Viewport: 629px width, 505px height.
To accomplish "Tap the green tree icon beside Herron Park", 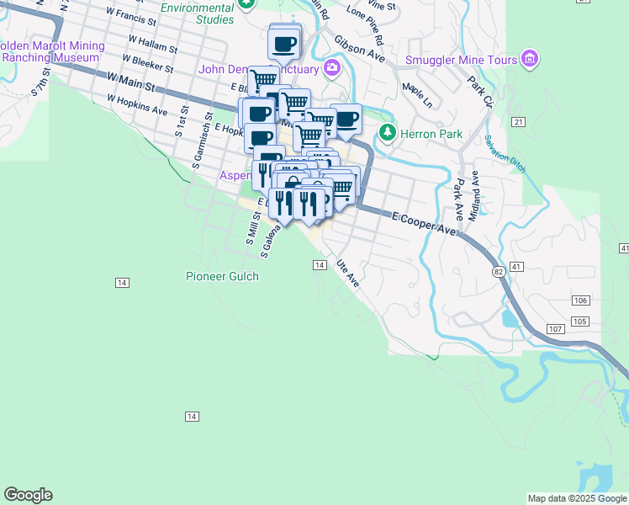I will pyautogui.click(x=387, y=133).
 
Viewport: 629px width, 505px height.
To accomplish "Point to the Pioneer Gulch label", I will pyautogui.click(x=222, y=276).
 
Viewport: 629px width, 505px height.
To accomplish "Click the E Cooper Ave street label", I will pyautogui.click(x=424, y=224).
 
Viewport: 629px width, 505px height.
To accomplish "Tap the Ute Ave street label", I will pyautogui.click(x=348, y=274).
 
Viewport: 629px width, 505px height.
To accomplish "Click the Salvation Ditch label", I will pyautogui.click(x=504, y=156).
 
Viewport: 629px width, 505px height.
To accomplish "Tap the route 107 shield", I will pyautogui.click(x=554, y=328).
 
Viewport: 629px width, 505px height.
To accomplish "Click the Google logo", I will pyautogui.click(x=28, y=495).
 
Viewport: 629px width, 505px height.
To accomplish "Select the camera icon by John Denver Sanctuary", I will pyautogui.click(x=332, y=68).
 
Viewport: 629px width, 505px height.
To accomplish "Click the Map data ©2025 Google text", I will pyautogui.click(x=577, y=498).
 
